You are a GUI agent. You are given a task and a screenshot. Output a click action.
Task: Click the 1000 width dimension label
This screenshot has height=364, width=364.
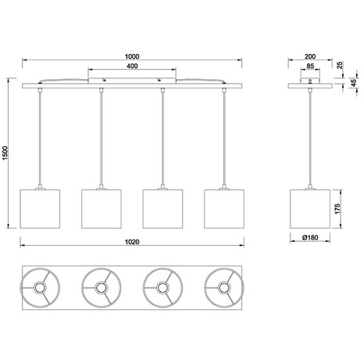pos(132,56)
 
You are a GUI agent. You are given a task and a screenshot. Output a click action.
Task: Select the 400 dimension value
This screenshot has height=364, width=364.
pos(132,67)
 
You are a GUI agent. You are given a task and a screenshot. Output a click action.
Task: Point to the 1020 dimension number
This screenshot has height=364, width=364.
pos(132,241)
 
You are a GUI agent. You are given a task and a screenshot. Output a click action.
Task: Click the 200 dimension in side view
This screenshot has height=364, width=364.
pos(310,56)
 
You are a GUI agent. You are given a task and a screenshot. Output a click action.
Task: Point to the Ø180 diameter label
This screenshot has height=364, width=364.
pos(310,237)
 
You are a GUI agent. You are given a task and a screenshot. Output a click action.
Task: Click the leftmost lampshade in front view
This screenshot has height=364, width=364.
pos(39,205)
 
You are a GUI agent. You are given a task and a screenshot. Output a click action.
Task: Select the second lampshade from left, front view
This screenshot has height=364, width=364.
pos(100,205)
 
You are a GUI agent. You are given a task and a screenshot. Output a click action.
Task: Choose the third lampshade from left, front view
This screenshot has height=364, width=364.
pos(162,205)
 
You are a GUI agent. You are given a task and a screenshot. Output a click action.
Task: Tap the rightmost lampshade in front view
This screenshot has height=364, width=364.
pos(223,205)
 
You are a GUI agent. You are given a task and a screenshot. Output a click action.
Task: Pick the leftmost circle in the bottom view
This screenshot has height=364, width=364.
pos(39,288)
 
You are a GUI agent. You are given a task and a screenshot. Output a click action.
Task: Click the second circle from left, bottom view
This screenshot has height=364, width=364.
pos(100,288)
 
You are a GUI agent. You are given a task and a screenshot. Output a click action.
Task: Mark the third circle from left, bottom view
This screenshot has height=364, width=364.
pos(162,288)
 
